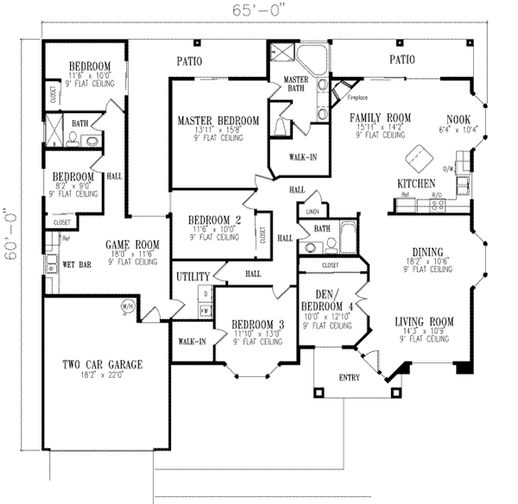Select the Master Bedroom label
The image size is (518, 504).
tap(218, 120)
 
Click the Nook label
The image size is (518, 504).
tap(458, 119)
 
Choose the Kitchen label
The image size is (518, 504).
tap(414, 184)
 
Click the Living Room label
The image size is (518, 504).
tap(425, 320)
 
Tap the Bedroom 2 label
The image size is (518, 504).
tap(213, 219)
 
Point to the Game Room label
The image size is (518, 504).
tap(129, 245)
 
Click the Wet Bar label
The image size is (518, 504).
tap(78, 265)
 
